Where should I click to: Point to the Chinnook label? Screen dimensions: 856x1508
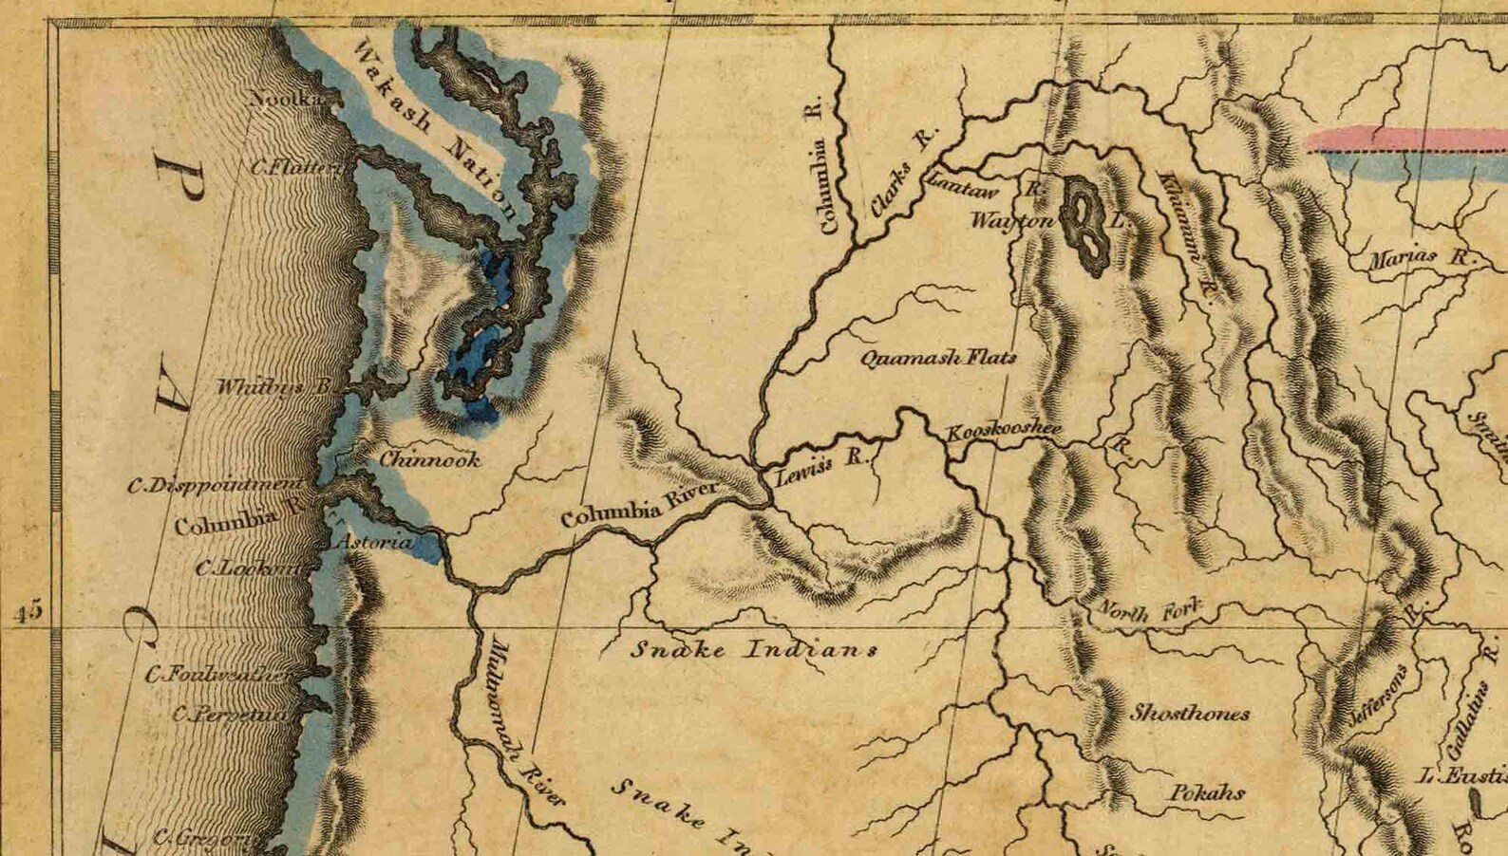429,460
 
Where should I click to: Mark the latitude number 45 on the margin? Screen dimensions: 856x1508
28,611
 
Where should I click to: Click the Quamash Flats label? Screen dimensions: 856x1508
937,359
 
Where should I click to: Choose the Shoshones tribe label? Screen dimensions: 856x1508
1189,714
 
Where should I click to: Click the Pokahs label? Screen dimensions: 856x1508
1206,793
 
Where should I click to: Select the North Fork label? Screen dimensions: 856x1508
1150,611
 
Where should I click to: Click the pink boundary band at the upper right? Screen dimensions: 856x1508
1405,140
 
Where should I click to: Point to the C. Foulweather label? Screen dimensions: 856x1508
217,675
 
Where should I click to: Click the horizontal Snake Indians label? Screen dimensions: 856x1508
754,650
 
